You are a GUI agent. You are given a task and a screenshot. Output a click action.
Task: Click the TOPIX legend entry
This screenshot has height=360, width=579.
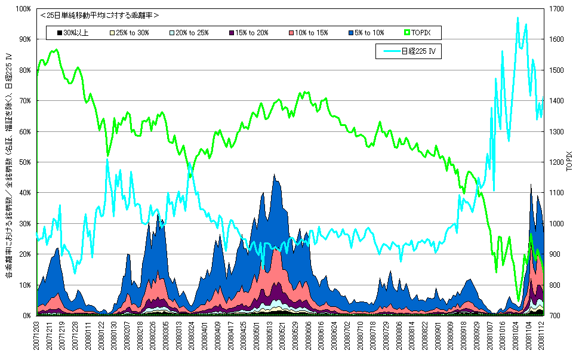point(424,33)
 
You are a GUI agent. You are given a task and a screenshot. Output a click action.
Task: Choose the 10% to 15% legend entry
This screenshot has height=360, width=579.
point(308,33)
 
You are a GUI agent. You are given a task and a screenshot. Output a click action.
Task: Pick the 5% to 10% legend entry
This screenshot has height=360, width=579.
point(365,33)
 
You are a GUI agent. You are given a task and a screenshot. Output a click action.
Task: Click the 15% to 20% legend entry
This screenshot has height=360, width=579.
point(250,33)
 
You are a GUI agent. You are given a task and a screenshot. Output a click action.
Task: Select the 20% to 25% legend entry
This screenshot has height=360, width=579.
point(192,33)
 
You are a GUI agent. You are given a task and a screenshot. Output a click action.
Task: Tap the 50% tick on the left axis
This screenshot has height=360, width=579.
point(24,162)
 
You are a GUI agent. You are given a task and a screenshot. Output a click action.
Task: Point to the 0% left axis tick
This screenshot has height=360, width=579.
point(27,315)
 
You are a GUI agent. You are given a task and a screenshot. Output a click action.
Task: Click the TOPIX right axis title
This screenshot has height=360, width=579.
point(569,162)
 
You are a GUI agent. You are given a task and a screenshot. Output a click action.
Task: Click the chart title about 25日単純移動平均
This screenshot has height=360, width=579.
point(99,15)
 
